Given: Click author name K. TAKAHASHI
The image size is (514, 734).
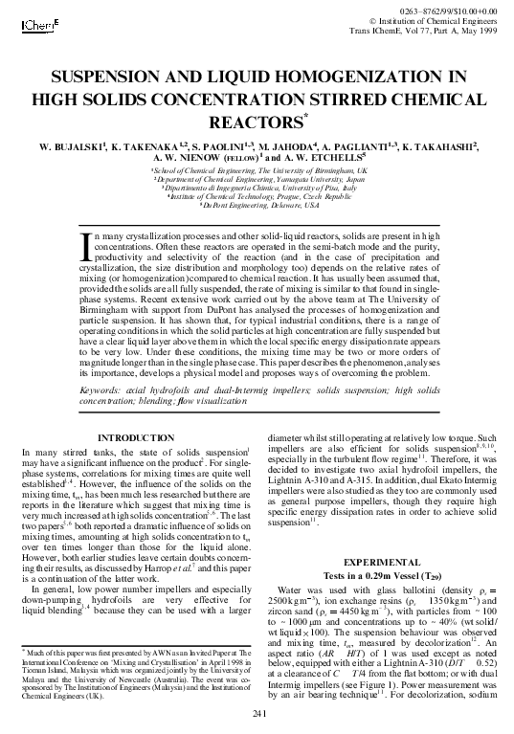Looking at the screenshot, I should [443, 147].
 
